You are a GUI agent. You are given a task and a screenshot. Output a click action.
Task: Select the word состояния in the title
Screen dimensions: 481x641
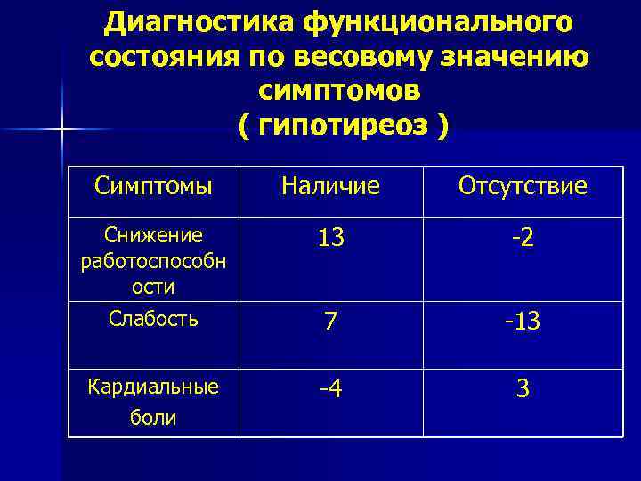click(x=160, y=56)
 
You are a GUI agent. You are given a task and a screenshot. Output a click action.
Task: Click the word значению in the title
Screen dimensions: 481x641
click(x=516, y=56)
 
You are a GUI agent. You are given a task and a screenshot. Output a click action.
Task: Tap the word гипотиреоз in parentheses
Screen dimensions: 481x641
click(x=344, y=126)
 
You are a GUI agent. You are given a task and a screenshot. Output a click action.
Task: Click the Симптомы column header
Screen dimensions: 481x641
click(x=153, y=186)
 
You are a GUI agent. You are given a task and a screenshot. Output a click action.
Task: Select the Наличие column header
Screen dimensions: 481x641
click(x=330, y=186)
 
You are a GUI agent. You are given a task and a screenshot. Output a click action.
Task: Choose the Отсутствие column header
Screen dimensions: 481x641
click(x=523, y=186)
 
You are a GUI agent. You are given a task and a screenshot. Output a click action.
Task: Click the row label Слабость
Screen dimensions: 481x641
click(x=153, y=318)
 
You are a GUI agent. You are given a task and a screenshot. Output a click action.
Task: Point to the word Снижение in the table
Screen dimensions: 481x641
click(x=154, y=235)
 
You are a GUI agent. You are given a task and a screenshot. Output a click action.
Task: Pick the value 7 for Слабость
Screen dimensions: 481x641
click(x=330, y=322)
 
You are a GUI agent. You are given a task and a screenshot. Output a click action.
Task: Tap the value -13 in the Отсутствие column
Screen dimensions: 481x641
click(x=523, y=322)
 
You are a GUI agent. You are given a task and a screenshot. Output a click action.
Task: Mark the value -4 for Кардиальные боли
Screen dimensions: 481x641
click(x=330, y=390)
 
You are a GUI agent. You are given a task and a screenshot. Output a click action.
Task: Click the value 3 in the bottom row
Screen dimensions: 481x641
click(x=523, y=389)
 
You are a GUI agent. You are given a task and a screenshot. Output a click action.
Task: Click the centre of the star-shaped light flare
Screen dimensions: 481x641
click(x=62, y=131)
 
